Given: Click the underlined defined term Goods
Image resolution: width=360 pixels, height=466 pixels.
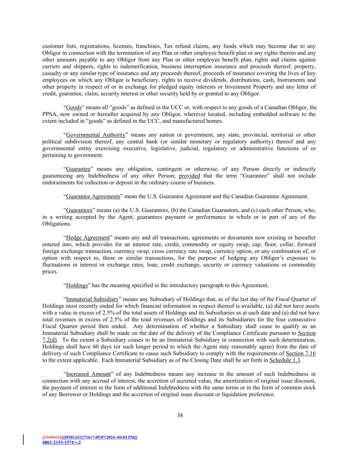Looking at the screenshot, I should coord(74,108).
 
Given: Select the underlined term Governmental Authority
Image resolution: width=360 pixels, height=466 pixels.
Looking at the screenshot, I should coord(96,135).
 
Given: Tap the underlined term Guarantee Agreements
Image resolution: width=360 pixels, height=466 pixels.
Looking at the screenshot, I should coord(93,196).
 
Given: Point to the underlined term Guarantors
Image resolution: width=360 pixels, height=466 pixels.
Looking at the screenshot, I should coord(79,210).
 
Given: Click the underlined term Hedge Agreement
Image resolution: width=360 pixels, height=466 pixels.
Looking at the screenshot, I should coord(88,237).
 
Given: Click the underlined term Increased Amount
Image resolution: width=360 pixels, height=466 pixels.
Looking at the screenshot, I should coord(88,374).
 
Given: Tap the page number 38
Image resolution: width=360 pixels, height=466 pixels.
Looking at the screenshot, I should coord(180,415).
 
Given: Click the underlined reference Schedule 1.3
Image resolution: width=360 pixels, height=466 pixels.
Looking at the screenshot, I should coord(285,360).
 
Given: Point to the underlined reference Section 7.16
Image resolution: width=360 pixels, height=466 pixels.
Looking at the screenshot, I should coord(301,353).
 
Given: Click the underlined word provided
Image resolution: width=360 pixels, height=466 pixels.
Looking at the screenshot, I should coord(189,176).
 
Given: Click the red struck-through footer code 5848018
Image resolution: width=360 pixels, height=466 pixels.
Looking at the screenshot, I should coord(52,437).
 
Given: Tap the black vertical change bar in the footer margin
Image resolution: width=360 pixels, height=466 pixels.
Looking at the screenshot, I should coord(24,440).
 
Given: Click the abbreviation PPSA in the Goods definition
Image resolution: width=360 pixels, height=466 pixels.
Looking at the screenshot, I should coord(49,114).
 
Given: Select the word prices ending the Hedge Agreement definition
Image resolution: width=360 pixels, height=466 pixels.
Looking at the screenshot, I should coord(50,271).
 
